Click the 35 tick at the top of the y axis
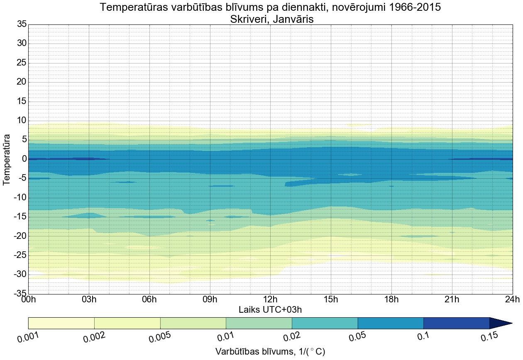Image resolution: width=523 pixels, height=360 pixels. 22,24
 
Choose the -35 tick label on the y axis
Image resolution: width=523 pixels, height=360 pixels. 20,294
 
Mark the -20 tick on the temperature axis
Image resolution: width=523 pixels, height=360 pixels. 20,236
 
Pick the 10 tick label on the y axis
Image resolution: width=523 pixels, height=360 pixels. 22,121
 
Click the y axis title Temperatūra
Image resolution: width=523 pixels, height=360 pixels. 7,159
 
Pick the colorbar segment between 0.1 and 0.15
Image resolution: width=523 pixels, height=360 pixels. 456,323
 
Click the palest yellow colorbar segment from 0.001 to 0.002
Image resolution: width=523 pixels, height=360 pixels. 61,323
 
